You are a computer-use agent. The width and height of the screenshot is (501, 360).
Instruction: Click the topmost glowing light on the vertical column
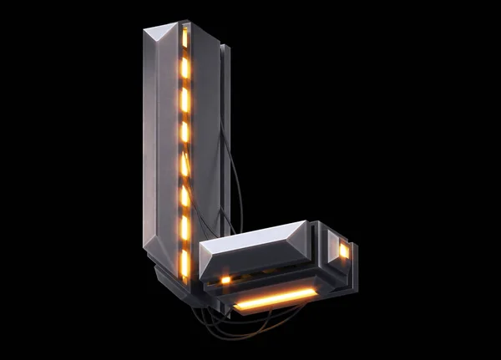[x=185, y=37]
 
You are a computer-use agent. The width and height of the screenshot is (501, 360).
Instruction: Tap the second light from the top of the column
[x=185, y=68]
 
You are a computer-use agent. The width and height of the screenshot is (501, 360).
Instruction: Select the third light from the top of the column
[x=185, y=99]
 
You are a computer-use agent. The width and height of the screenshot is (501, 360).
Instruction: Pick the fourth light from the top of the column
[x=185, y=132]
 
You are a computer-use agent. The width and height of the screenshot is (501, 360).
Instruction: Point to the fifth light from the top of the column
[x=185, y=165]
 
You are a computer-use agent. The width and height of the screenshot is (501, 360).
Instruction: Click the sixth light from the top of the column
[x=185, y=196]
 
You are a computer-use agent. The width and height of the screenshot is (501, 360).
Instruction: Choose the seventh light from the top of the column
[x=185, y=228]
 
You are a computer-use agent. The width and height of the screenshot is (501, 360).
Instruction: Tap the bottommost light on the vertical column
[x=185, y=263]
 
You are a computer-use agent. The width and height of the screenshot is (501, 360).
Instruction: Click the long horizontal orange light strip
[x=276, y=299]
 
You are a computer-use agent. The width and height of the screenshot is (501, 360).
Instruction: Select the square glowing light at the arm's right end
[x=344, y=251]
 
